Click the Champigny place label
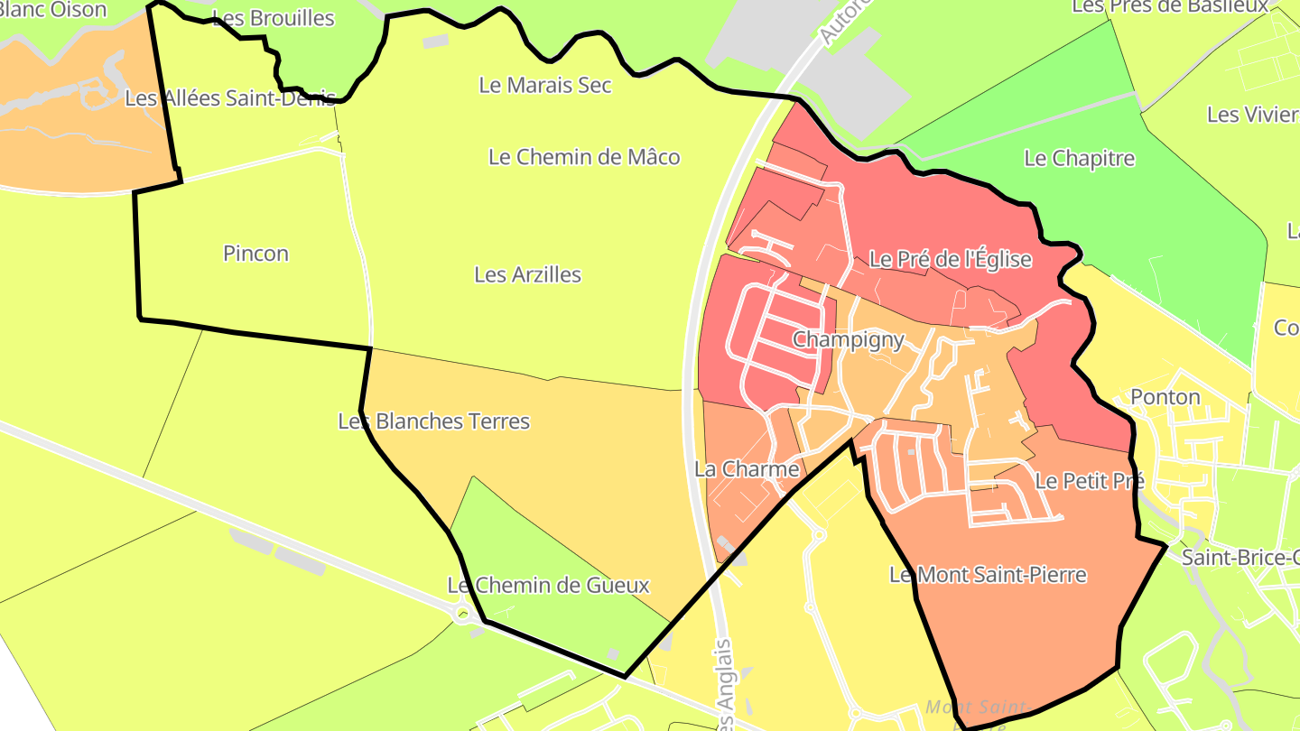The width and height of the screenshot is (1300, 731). [848, 340]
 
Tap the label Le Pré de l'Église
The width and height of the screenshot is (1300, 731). [950, 260]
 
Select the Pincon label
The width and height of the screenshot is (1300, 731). [255, 254]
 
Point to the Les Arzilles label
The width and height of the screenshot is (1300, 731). [527, 274]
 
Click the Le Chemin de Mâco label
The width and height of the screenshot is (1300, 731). [584, 157]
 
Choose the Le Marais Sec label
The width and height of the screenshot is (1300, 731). [544, 86]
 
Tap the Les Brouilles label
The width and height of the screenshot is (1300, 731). [273, 19]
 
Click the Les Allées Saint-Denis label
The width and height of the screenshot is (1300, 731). [230, 98]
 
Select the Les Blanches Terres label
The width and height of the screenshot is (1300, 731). [433, 421]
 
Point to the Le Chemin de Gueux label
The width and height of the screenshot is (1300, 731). [548, 586]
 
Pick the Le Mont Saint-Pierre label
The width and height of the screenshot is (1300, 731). [988, 575]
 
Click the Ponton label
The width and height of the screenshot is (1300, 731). [1165, 397]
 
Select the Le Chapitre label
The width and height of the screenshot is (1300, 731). [1079, 159]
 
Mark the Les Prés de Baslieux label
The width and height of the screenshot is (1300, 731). [1171, 7]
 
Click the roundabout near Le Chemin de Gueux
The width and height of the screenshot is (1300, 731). [466, 616]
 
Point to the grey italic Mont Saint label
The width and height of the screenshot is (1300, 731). [975, 708]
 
